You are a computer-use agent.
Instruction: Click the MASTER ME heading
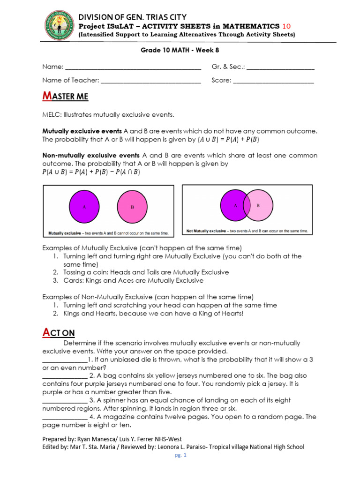(x=65, y=97)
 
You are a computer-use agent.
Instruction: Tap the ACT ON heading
(x=59, y=333)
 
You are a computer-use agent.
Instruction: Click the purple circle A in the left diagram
(x=84, y=207)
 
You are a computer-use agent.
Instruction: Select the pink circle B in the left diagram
(x=133, y=207)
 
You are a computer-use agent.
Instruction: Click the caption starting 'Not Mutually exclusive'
(x=247, y=231)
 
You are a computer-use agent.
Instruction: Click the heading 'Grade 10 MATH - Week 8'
(x=180, y=52)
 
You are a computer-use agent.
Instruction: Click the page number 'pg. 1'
(x=180, y=455)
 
